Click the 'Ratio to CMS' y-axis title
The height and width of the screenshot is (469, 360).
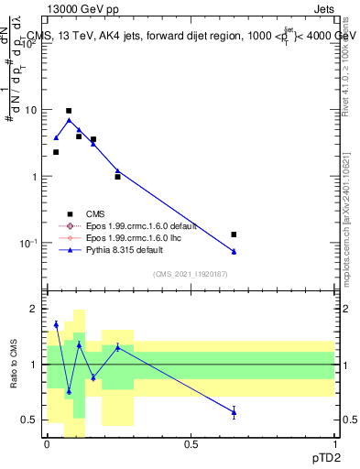[14, 365]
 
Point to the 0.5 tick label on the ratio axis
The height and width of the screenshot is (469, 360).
[30, 420]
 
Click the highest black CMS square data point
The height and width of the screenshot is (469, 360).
[69, 111]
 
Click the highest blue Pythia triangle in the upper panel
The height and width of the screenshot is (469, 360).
[69, 120]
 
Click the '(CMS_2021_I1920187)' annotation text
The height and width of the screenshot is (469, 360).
[190, 274]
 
